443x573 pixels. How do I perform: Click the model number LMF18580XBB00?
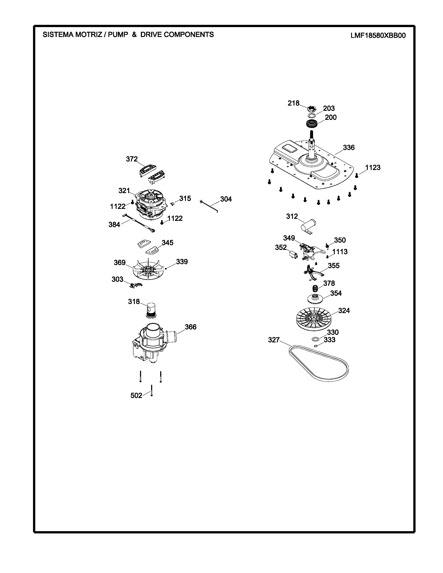coord(378,35)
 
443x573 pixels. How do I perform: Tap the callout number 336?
coord(349,148)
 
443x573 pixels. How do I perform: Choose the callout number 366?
coord(191,327)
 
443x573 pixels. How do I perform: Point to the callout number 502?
coord(136,395)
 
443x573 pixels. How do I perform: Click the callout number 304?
coord(226,199)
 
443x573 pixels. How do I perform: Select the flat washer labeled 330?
coord(315,339)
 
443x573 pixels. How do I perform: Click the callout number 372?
coord(132,159)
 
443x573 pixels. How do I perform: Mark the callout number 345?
coord(167,243)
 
